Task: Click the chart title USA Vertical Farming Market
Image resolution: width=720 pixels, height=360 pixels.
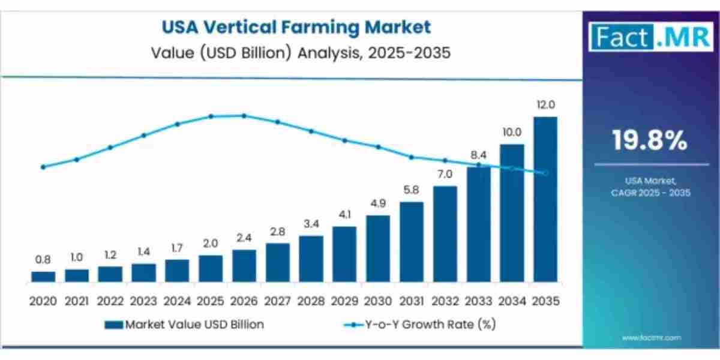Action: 295,27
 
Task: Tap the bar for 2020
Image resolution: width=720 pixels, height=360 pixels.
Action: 43,277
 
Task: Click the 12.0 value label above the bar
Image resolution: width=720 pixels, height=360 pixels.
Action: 545,104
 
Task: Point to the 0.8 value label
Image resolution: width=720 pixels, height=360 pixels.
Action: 43,260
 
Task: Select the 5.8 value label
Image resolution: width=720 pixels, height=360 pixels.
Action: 411,190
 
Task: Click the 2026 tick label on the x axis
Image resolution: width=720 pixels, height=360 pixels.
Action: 244,301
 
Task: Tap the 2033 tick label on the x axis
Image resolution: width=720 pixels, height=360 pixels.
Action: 478,301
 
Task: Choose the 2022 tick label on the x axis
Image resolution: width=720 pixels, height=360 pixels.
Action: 110,301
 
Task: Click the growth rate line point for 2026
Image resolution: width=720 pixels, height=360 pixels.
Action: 244,115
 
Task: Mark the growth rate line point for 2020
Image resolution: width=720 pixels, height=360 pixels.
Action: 43,167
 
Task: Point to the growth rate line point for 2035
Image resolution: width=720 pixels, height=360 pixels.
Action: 545,173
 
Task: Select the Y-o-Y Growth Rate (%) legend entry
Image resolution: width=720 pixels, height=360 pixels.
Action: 419,325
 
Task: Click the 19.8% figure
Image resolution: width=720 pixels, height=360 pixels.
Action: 650,140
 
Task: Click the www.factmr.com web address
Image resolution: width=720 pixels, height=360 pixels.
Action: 652,338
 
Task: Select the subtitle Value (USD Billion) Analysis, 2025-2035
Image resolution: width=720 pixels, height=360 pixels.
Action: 295,53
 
